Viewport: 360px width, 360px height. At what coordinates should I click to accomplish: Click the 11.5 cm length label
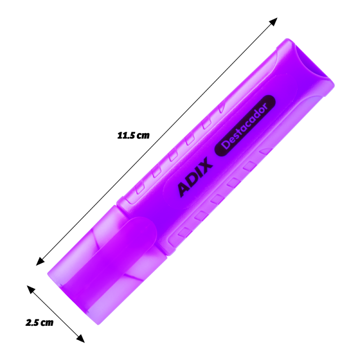coord(133,135)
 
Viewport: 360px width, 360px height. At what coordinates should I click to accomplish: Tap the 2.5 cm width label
coord(40,323)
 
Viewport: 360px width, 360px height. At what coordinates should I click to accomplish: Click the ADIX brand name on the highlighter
coord(195,177)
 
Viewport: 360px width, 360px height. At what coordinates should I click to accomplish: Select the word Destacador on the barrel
coord(244,126)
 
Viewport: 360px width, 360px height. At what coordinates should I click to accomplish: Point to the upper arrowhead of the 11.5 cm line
coord(274,22)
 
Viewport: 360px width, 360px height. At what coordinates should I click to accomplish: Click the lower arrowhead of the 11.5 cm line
coord(40,261)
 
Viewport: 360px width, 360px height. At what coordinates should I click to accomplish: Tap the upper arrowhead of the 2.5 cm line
coord(31,289)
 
